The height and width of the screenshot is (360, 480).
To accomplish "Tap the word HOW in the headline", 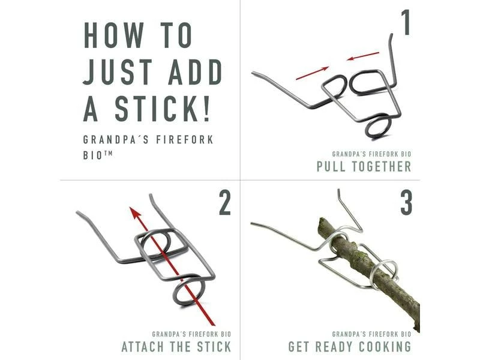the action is [114, 35].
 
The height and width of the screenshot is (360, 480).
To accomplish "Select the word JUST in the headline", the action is [118, 71].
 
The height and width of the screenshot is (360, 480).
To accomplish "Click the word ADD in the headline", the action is [195, 71].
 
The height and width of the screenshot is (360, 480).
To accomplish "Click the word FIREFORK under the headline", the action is [185, 140].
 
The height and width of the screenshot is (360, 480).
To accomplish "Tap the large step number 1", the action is [406, 22].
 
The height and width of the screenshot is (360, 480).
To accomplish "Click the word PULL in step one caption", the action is [331, 167].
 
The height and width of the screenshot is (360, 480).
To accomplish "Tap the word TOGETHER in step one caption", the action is [382, 167].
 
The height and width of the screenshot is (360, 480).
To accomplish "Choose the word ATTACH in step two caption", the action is [143, 347].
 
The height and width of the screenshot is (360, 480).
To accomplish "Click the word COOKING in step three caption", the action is [385, 347].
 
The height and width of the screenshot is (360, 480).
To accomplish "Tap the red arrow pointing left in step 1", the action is [362, 56].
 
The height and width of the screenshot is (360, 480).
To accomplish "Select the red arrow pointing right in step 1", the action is [312, 73].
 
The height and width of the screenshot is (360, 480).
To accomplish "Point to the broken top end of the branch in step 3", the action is [322, 221].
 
